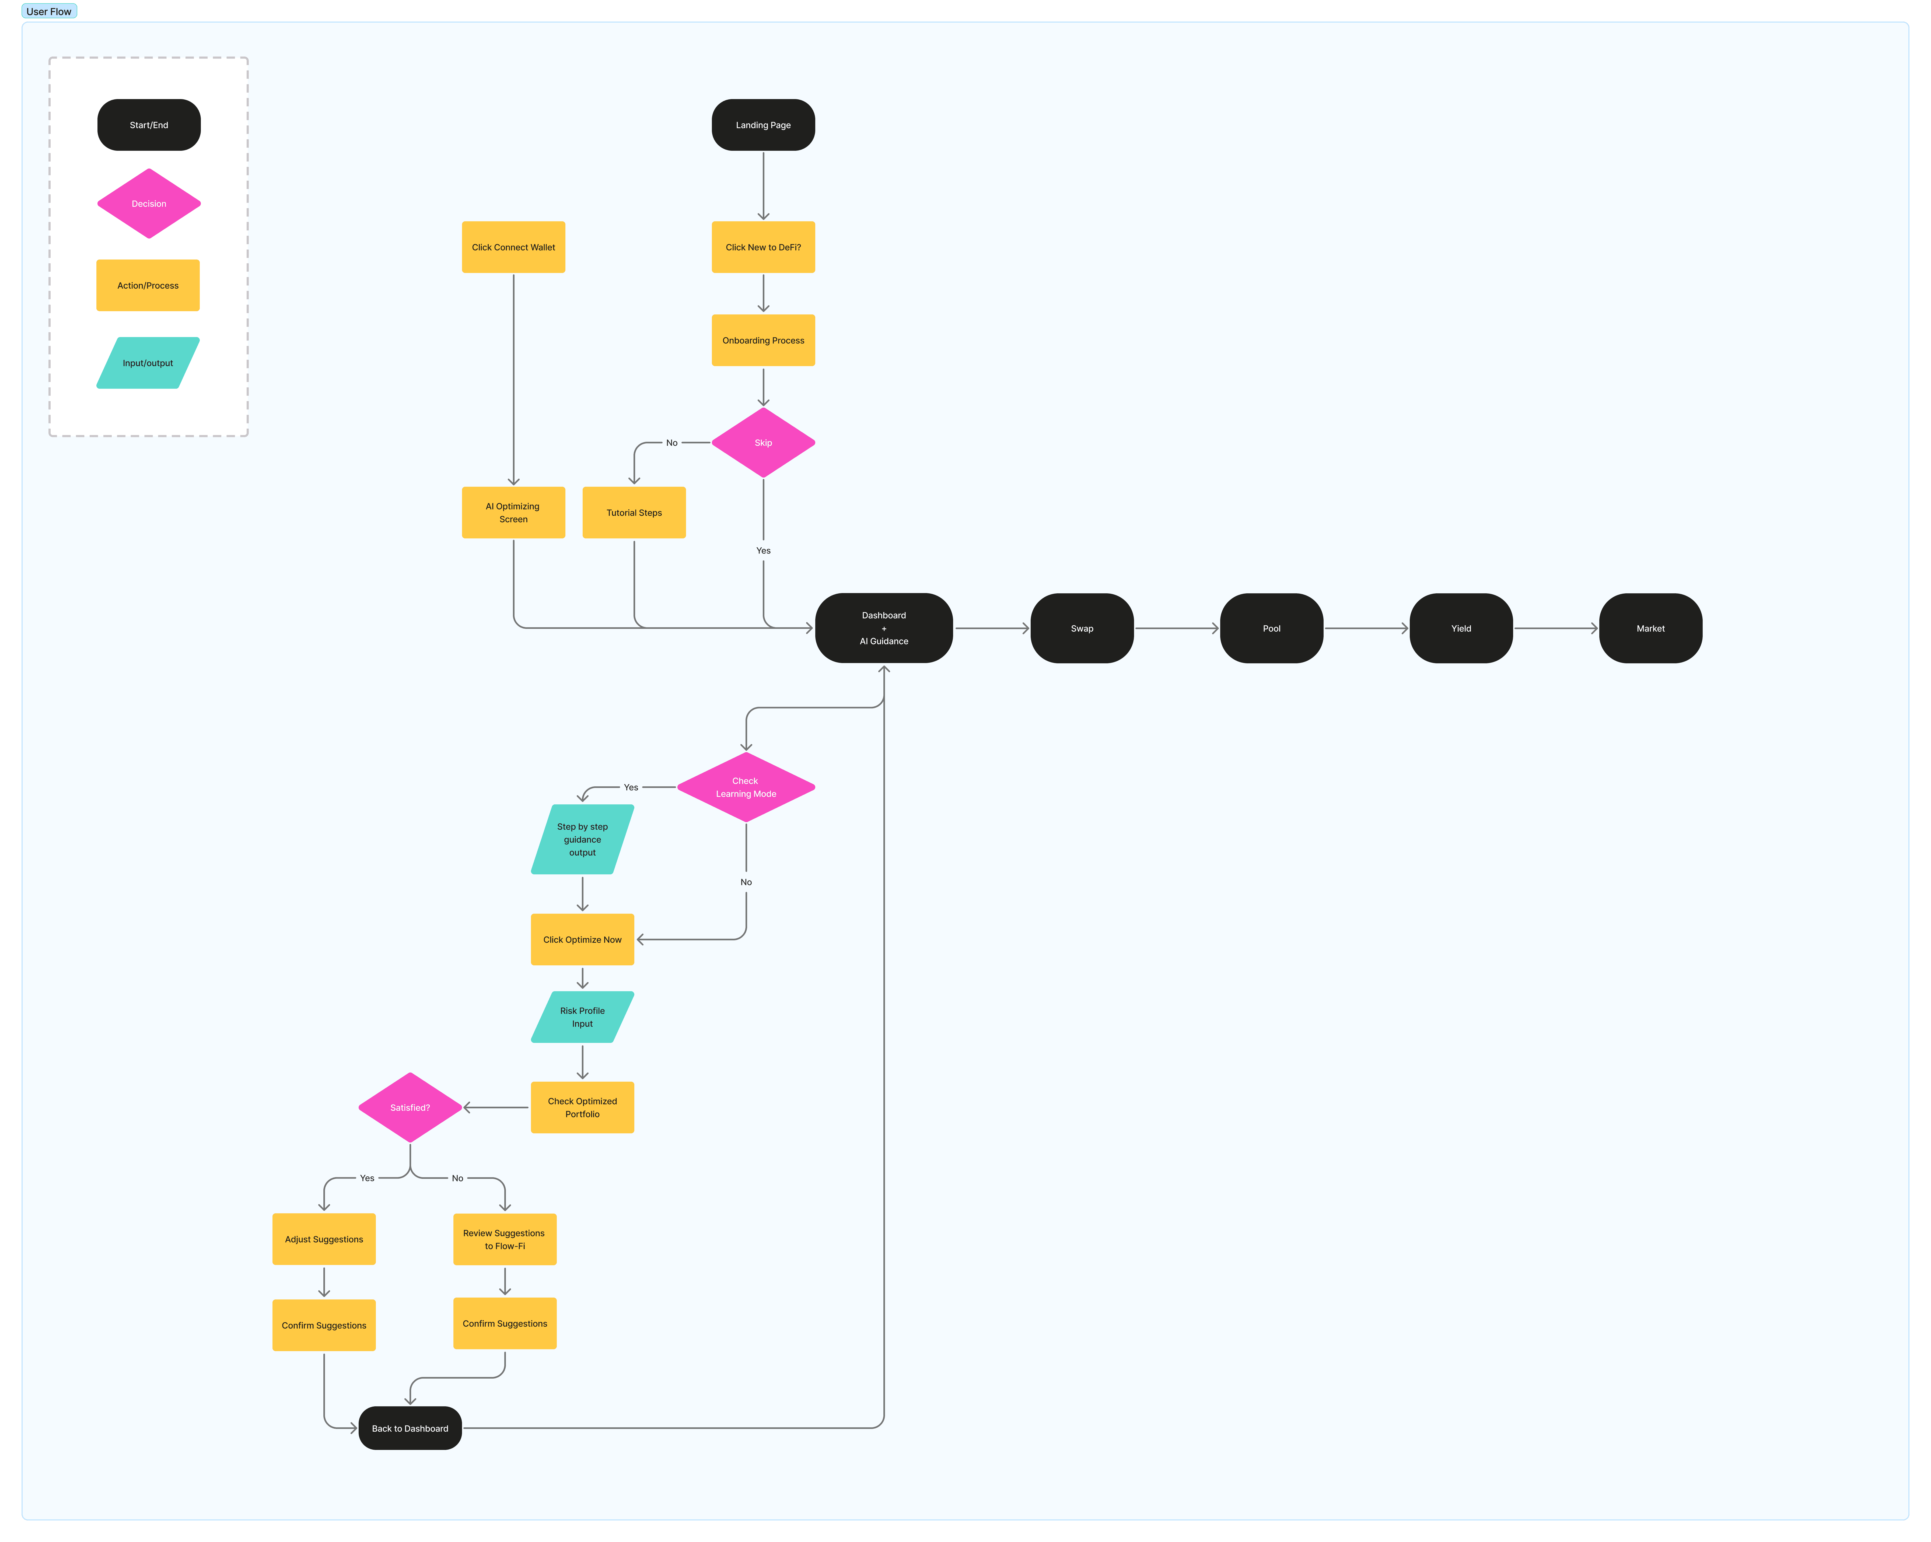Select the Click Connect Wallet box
click(513, 247)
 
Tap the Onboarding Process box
click(763, 340)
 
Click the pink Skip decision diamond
click(763, 442)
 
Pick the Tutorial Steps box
click(634, 512)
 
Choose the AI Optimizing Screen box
click(513, 512)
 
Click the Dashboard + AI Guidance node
click(884, 628)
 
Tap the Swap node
click(1082, 628)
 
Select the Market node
click(1651, 628)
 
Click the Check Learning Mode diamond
click(746, 787)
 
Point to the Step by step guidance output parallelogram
click(582, 839)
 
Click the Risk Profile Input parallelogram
click(582, 1017)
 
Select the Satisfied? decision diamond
click(410, 1108)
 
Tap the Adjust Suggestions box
click(324, 1239)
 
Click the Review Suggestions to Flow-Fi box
click(505, 1239)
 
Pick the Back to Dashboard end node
click(410, 1428)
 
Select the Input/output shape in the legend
click(148, 363)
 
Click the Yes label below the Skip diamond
click(763, 551)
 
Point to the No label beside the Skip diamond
click(672, 442)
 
